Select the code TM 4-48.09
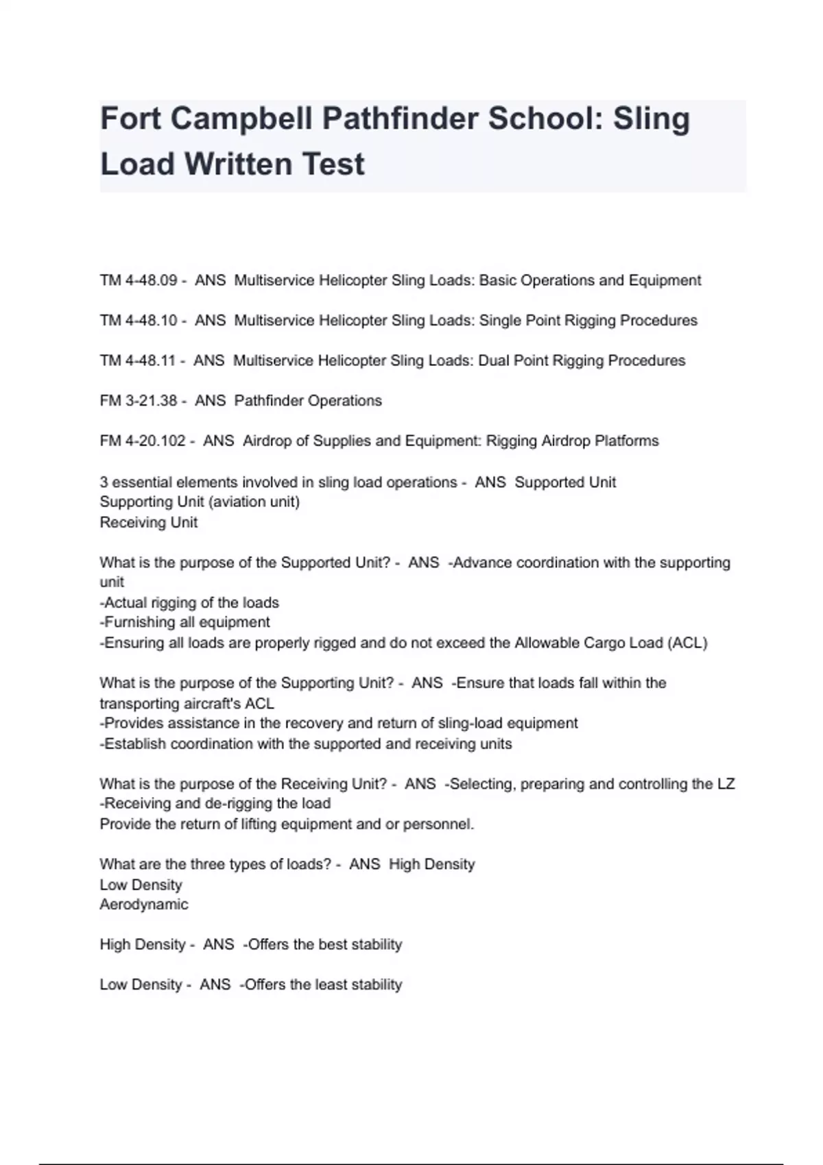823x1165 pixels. tap(139, 280)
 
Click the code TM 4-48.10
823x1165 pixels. tap(139, 320)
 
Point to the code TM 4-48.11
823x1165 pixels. tap(138, 360)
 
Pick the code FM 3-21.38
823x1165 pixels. tap(139, 401)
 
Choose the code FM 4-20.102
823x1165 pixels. tap(143, 441)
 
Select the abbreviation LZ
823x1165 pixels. tap(726, 783)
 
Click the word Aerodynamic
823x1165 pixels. tap(144, 905)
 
